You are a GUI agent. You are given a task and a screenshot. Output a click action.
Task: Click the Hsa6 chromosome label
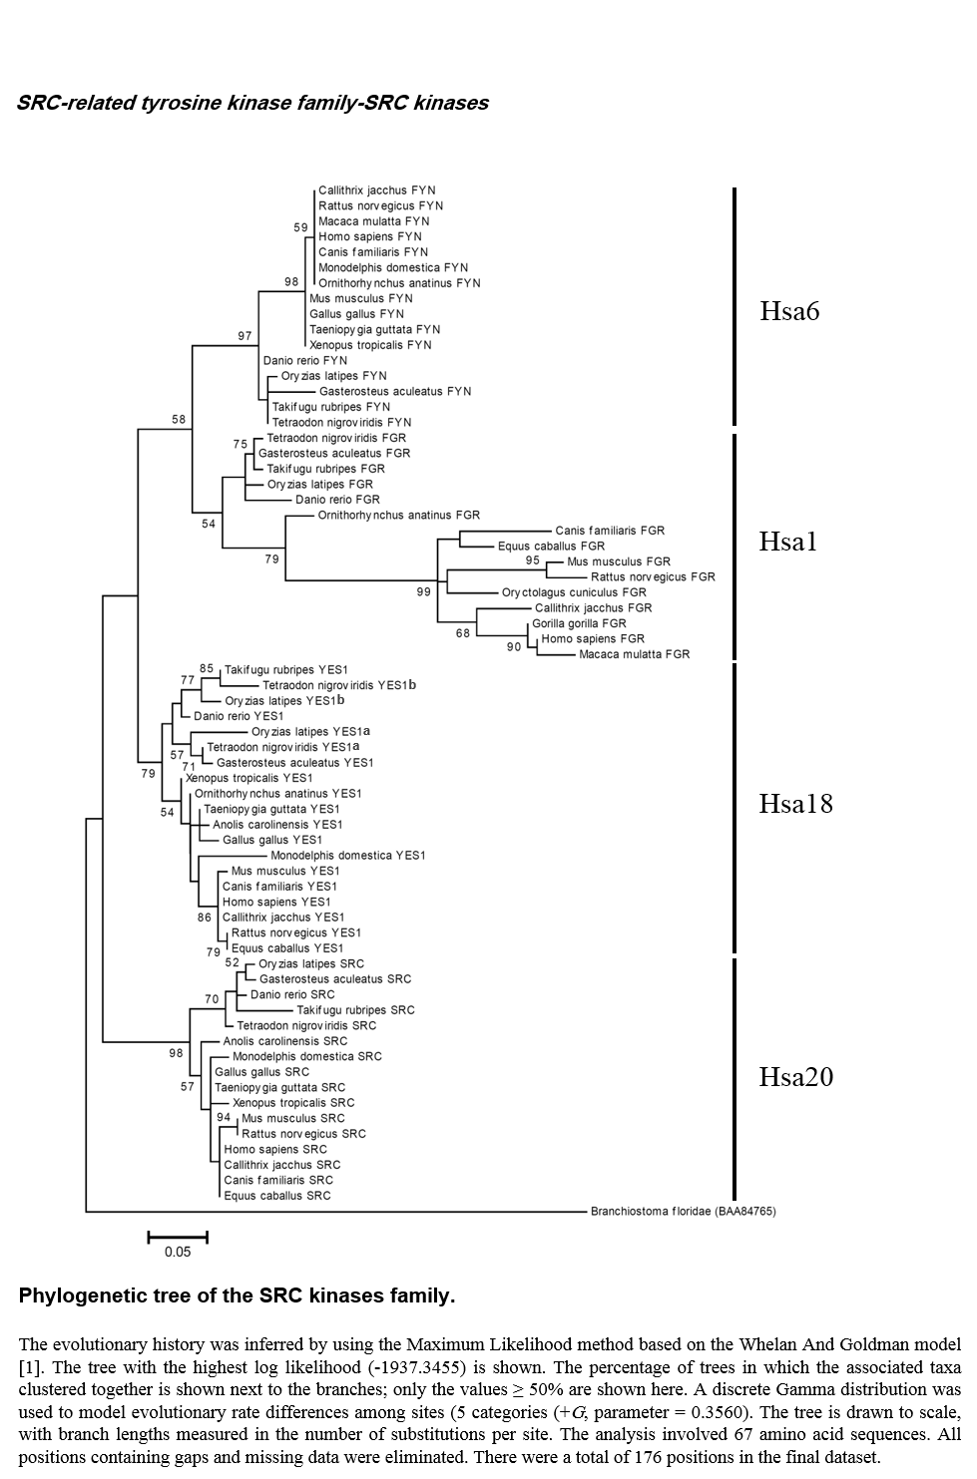789,311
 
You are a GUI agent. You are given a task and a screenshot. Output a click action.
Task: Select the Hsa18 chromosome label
796,804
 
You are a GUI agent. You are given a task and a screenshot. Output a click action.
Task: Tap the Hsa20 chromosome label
796,1077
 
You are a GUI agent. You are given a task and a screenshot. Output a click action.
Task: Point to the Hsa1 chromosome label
788,542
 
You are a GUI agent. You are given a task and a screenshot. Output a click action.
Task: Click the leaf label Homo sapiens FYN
370,236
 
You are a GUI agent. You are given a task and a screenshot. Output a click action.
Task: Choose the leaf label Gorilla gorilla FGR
580,623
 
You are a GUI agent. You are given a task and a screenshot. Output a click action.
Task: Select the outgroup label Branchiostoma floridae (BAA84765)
683,1211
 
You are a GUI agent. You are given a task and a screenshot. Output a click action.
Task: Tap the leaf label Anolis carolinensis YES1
277,825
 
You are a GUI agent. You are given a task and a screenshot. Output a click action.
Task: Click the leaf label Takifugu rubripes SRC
355,1010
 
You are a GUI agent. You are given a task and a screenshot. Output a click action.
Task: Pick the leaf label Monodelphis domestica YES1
348,856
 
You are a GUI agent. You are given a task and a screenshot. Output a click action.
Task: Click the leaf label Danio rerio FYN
305,360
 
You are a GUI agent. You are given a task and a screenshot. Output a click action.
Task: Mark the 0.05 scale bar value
178,1252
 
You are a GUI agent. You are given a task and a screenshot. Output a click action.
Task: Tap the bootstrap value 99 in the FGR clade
423,592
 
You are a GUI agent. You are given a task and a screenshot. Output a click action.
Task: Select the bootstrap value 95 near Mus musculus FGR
533,560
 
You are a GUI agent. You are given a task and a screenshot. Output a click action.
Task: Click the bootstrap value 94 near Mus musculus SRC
224,1117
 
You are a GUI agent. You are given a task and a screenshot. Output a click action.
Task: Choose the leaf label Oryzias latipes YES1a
310,732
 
